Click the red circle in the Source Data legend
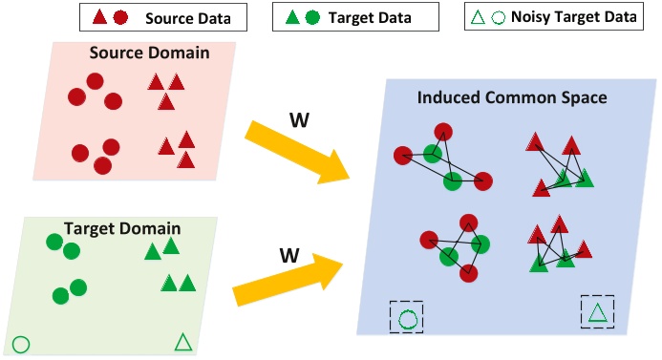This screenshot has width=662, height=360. pos(119,17)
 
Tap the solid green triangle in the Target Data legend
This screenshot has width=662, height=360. pos(291,17)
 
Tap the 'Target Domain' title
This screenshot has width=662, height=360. pos(111,229)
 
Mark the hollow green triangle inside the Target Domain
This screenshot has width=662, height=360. pos(184,342)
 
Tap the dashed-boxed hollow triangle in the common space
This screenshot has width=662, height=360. pos(597,311)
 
